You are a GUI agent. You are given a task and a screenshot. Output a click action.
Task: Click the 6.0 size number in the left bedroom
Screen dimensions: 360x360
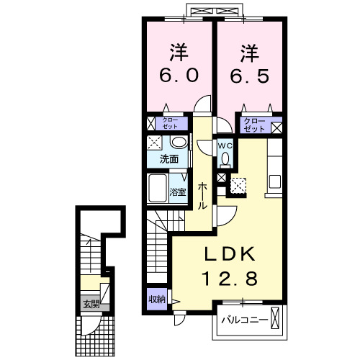click(x=179, y=74)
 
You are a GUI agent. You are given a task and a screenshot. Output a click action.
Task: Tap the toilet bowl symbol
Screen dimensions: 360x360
click(x=225, y=159)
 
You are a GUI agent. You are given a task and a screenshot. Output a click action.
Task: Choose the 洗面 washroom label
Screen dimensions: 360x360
click(x=170, y=159)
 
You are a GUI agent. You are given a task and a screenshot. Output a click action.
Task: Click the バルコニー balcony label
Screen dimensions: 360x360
click(x=244, y=318)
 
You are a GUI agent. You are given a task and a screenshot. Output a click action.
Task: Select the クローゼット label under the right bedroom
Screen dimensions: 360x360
click(x=254, y=125)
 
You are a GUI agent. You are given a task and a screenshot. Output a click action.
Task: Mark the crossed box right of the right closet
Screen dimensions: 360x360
click(x=276, y=127)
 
